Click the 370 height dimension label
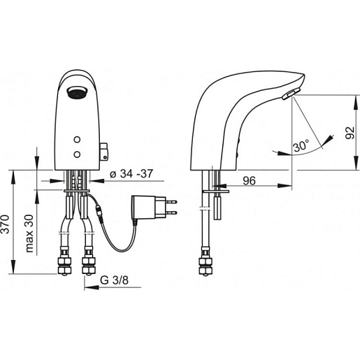coord(6,224)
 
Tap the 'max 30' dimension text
coord(29,233)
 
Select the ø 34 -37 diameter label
coord(131,174)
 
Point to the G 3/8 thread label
coord(114,280)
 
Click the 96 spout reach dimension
coord(249,180)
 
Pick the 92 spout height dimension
coord(350,133)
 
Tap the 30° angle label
coord(301,147)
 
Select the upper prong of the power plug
coord(171,202)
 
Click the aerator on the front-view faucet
coord(77,92)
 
